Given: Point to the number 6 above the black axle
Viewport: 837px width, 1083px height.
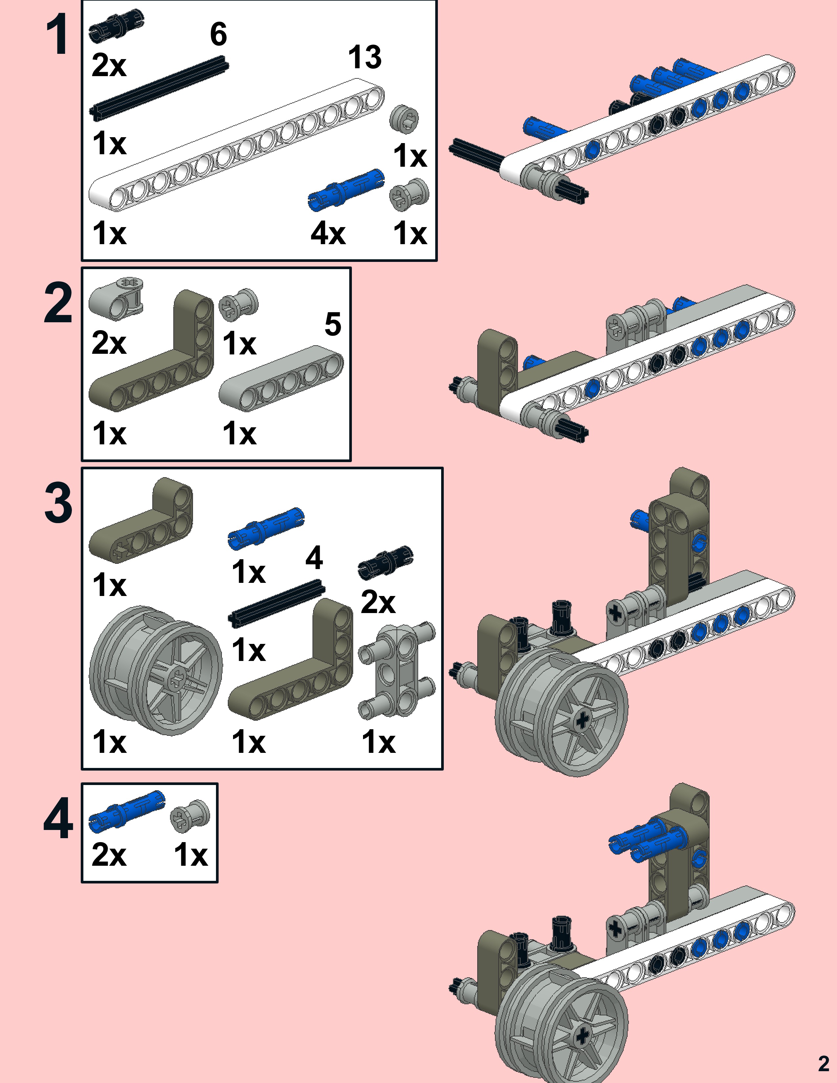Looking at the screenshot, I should tap(219, 34).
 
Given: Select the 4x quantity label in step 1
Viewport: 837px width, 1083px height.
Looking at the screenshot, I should tap(328, 233).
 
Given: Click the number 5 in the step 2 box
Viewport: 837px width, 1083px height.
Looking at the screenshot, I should tap(333, 324).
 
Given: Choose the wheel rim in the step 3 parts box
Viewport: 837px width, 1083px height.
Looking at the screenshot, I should tap(156, 670).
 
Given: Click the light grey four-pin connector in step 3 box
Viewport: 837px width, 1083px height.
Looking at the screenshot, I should tap(397, 669).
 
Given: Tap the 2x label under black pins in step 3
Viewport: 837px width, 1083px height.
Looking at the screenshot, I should tap(378, 602).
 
